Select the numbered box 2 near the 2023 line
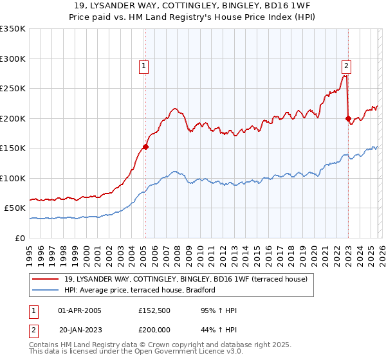pos(346,65)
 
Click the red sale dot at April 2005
pos(145,147)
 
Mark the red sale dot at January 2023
pos(348,118)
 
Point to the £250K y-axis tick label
pos(12,89)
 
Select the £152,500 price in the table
pos(155,310)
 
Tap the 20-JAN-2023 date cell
pos(78,328)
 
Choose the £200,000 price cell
pos(155,328)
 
